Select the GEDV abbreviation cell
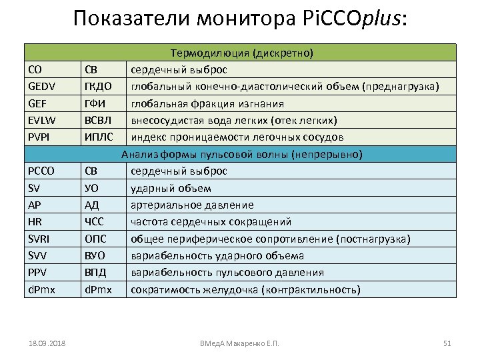(43, 87)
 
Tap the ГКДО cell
(97, 87)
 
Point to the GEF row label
(38, 103)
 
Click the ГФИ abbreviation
(94, 103)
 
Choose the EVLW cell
(41, 120)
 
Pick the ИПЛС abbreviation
(97, 137)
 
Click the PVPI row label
(39, 137)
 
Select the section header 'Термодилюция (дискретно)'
(241, 52)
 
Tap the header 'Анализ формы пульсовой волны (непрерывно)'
(241, 154)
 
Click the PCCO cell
(41, 171)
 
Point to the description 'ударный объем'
(171, 188)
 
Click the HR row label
(36, 221)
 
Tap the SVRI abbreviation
(39, 239)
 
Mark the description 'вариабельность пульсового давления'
(227, 272)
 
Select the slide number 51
(447, 343)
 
